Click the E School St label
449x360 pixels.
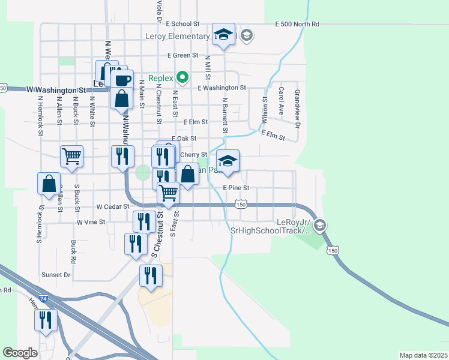183,24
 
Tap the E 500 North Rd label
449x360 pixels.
297,24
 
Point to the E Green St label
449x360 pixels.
182,55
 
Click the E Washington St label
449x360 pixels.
221,88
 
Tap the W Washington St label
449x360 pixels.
55,89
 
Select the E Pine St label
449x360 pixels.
235,188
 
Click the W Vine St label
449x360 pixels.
91,222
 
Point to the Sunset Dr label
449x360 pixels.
56,275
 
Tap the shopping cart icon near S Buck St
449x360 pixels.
71,157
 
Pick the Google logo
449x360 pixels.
20,353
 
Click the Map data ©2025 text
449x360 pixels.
423,355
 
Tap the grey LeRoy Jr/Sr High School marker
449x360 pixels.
320,225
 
